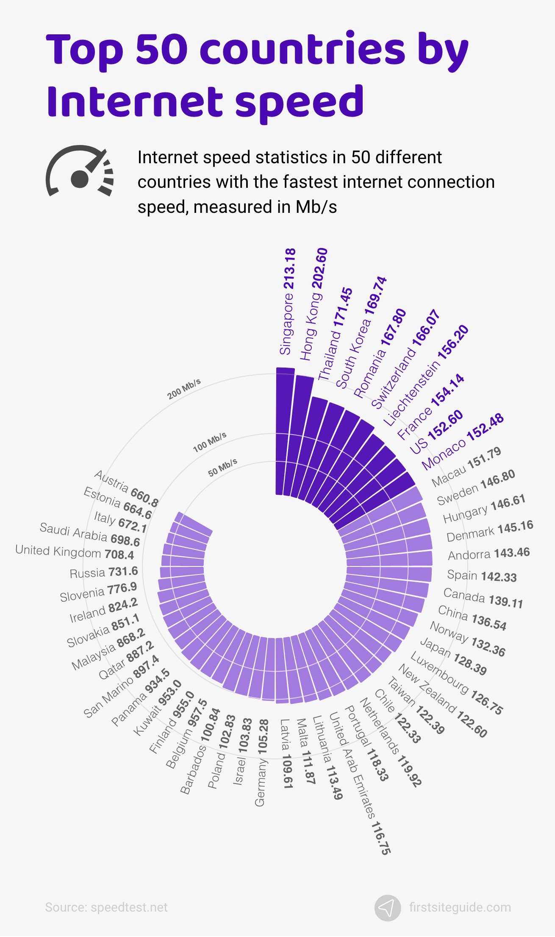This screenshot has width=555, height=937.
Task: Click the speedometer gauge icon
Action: (80, 172)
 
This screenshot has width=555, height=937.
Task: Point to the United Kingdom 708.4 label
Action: (75, 552)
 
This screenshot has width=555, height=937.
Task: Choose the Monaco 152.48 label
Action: (463, 442)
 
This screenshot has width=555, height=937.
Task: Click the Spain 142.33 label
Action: (482, 576)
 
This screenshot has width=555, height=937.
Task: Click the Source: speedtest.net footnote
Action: (106, 907)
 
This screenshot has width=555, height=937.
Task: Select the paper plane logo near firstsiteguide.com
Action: (388, 908)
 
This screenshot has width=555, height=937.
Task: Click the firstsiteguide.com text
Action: (460, 907)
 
